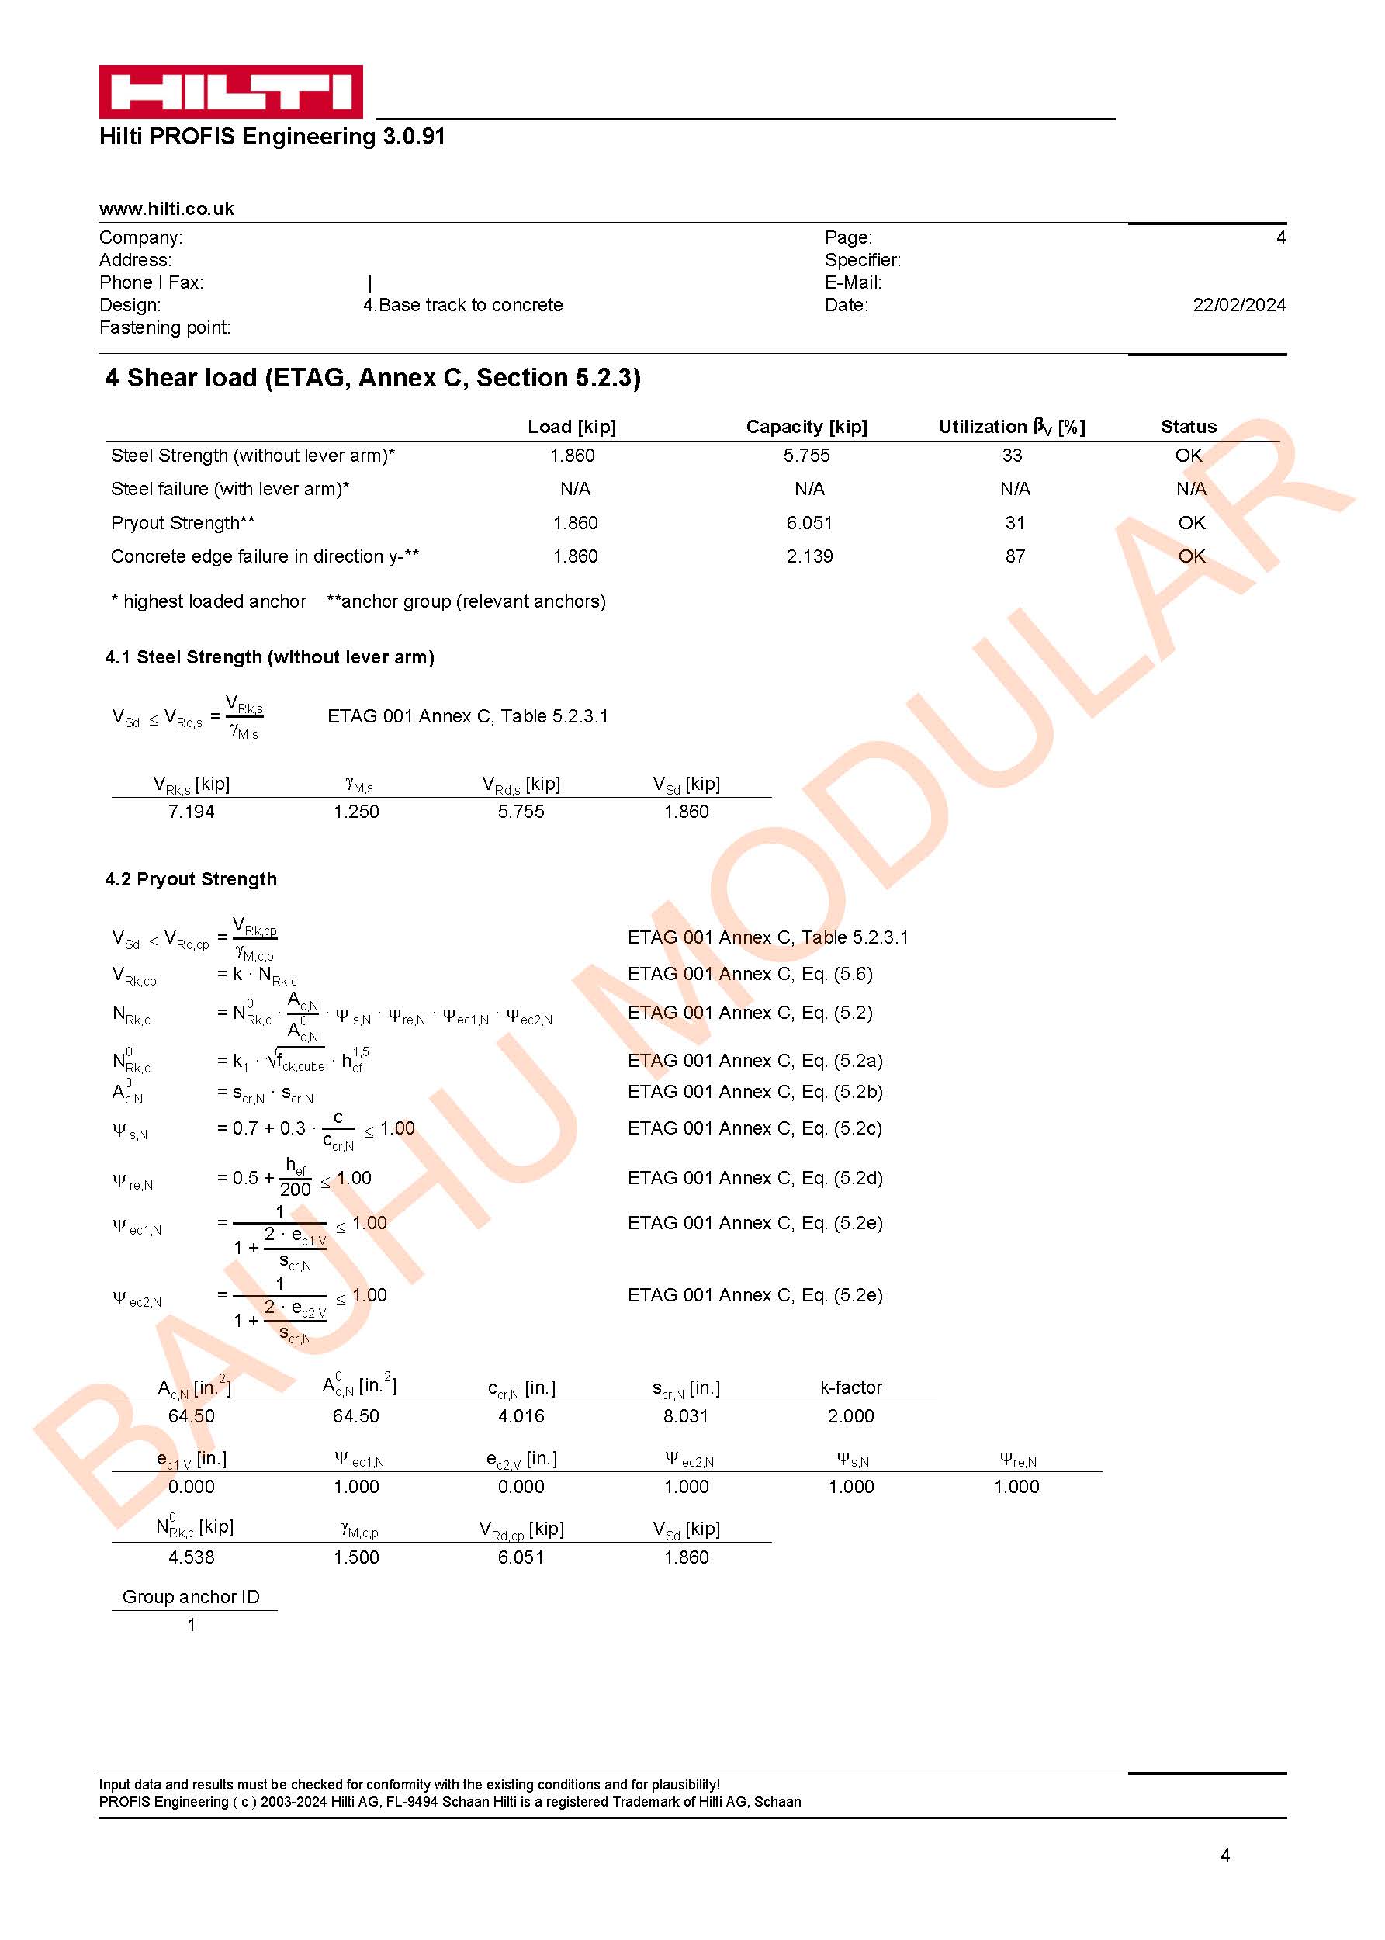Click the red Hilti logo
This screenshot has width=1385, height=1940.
tap(230, 92)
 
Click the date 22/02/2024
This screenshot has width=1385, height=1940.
tap(1238, 305)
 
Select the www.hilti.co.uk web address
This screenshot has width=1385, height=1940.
tap(166, 209)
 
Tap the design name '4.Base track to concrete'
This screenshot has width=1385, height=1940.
tap(463, 305)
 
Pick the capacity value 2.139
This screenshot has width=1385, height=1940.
tap(809, 557)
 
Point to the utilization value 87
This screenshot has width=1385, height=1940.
tap(1015, 557)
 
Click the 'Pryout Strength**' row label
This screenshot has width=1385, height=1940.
tap(182, 524)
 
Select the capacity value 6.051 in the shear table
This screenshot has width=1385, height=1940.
tap(809, 524)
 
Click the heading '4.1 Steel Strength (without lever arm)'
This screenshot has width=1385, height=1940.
tap(269, 657)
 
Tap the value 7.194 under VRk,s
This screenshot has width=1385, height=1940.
tap(191, 812)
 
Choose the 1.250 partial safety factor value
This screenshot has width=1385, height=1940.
tap(355, 812)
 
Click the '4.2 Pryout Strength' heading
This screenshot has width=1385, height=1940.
tap(191, 879)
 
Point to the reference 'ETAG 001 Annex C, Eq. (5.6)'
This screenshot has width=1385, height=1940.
tap(750, 974)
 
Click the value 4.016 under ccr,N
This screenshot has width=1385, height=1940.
tap(521, 1416)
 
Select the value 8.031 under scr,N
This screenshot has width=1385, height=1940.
tap(686, 1416)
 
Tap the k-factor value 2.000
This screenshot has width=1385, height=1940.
tap(850, 1416)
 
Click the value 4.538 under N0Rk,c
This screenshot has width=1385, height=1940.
tap(191, 1558)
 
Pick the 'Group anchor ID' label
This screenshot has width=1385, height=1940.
tap(191, 1597)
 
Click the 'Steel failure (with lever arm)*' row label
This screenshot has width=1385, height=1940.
tap(230, 490)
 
